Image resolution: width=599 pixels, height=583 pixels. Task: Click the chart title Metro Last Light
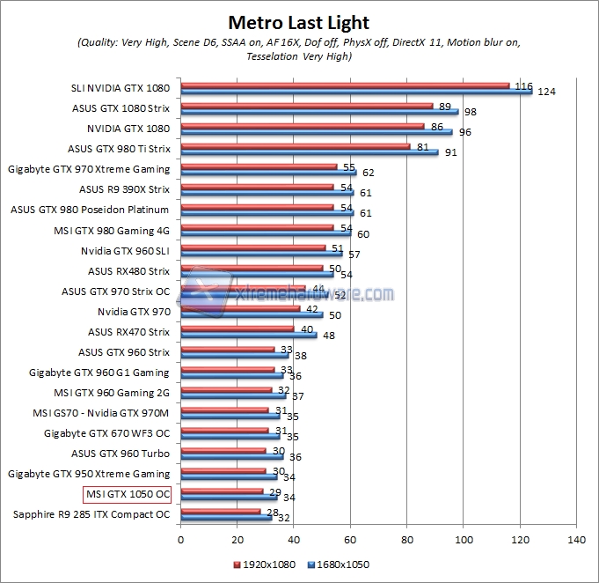[299, 22]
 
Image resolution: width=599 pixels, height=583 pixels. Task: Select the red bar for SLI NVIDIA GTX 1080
[345, 85]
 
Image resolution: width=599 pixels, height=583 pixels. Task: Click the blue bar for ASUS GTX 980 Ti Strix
[310, 152]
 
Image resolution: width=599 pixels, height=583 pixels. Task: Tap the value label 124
[547, 92]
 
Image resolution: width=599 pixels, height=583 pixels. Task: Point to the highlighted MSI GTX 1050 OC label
[127, 494]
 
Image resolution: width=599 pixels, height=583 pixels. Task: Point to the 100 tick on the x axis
[464, 538]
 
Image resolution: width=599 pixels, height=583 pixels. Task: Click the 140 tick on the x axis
[576, 538]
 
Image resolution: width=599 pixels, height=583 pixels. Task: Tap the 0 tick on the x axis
[181, 538]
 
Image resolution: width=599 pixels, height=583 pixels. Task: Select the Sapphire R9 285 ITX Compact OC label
[91, 514]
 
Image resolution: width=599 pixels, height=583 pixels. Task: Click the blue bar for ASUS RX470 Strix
[249, 335]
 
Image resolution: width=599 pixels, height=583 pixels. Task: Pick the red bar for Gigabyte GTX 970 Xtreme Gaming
[259, 166]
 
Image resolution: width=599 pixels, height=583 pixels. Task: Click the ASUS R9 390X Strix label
[124, 188]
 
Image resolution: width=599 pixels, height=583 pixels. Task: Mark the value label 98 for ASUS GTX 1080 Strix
[471, 112]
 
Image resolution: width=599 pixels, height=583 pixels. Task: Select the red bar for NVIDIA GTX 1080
[303, 126]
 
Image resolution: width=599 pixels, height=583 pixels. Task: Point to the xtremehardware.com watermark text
[312, 293]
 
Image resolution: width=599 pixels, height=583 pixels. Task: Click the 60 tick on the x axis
[350, 538]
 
